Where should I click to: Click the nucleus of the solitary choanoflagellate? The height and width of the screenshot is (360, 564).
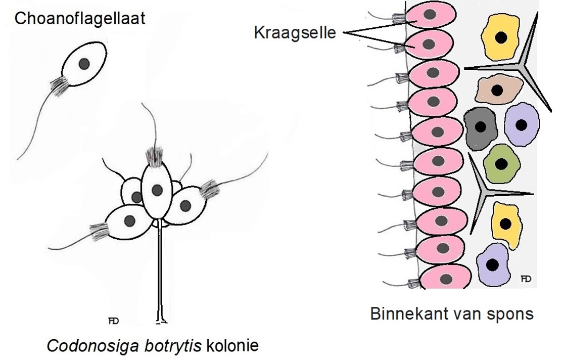coord(85,63)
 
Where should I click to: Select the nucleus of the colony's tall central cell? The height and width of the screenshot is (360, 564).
coord(158,190)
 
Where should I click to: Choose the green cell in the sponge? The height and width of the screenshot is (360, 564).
coord(500,164)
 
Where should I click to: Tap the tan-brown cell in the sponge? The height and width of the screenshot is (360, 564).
coord(496,89)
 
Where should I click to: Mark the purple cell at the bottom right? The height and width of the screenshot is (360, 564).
coord(492,265)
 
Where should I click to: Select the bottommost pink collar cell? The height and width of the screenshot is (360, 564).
coord(445,278)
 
